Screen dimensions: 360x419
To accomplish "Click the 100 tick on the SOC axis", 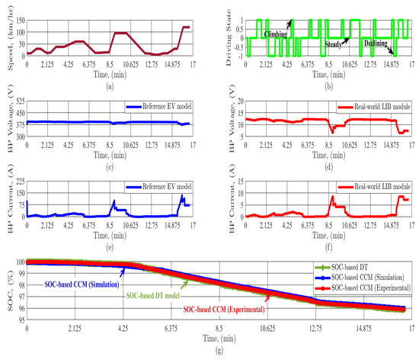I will (x=20, y=261).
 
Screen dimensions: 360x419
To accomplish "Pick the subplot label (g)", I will (x=220, y=354).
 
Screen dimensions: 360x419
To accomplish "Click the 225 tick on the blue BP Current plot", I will (x=21, y=180).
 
